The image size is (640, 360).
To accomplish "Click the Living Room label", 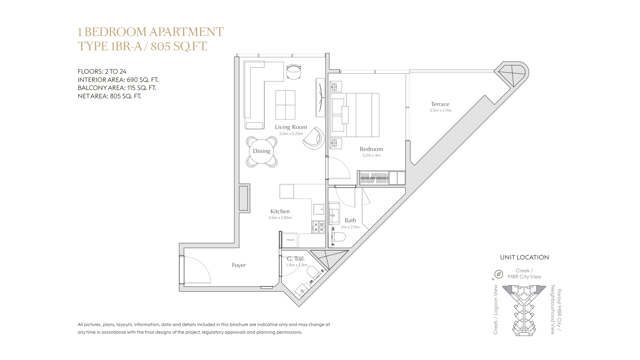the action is coord(291,127).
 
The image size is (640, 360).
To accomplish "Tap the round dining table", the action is coord(262,151).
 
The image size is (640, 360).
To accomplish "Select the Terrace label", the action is coord(440,104).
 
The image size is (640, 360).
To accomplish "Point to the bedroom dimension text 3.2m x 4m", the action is coord(371,155).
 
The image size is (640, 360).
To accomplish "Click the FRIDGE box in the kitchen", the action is coord(290,240).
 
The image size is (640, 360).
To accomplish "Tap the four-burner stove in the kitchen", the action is coord(318,227).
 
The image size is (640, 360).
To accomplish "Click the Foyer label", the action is coord(239,265).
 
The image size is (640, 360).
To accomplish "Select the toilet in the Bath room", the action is coord(338,237).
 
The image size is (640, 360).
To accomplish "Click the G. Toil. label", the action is coord(296,259).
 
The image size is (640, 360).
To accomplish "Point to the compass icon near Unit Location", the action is coord(498,274).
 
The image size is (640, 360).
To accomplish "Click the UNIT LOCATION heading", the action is coord(524,257).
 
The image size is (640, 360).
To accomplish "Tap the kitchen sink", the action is coord(318,209).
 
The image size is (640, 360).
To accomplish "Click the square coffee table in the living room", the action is coord(285,105).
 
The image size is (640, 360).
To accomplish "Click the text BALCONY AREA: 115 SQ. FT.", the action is coord(117,88).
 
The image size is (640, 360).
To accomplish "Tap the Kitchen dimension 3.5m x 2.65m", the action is coord(280,218).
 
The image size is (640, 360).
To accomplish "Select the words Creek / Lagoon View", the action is coord(496,310).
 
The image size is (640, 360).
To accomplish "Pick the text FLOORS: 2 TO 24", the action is coord(102,71).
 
